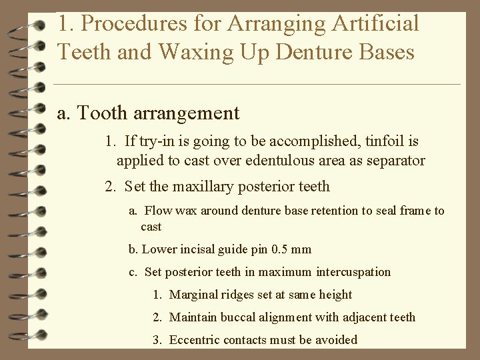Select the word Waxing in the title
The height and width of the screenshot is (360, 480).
pos(203,52)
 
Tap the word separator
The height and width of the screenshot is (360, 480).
pos(395,161)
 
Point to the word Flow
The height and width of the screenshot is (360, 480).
pos(157,211)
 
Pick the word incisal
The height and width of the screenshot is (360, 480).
pos(196,250)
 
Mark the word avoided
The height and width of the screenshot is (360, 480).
pos(335,340)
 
